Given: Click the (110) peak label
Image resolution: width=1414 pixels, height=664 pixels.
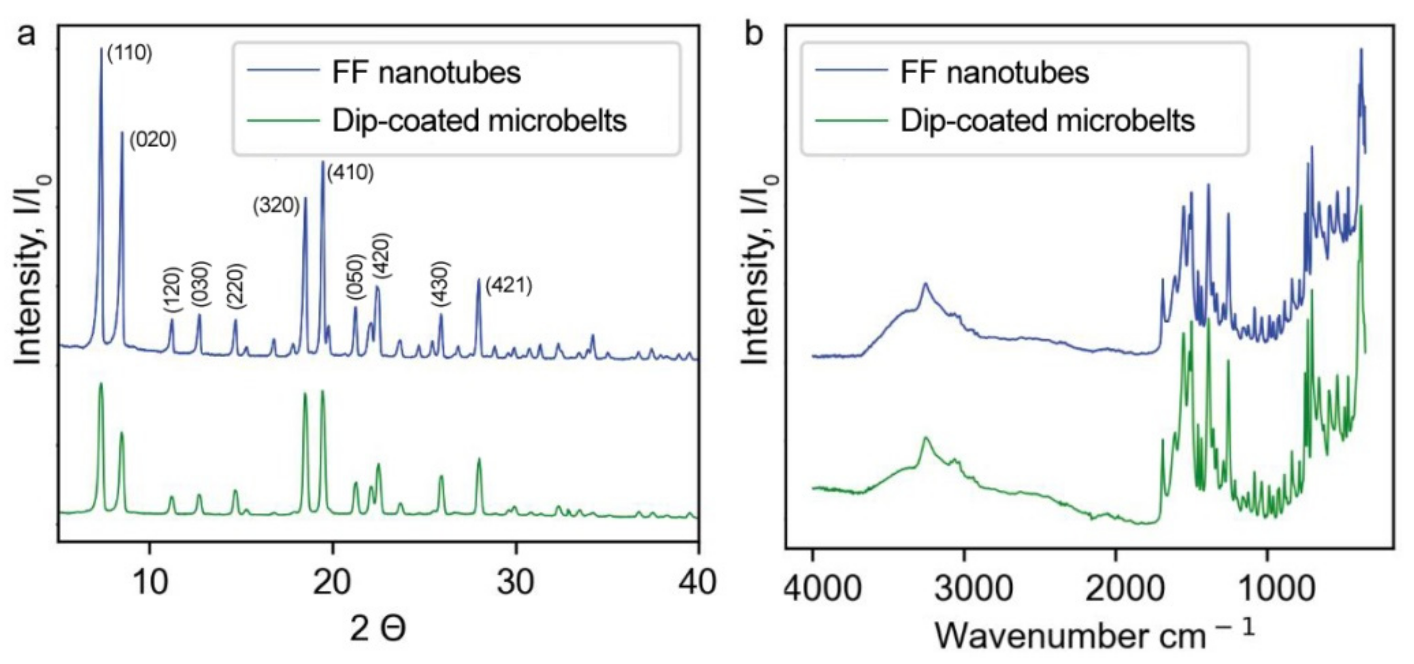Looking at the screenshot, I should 129,53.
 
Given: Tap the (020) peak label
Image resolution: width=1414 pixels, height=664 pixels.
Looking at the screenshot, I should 152,139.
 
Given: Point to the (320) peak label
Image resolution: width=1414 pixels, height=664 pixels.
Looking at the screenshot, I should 276,206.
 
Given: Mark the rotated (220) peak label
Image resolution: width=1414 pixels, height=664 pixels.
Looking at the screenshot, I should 236,287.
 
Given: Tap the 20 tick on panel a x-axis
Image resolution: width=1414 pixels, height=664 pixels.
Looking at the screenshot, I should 331,582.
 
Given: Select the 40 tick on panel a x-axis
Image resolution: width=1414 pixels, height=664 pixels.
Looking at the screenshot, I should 697,582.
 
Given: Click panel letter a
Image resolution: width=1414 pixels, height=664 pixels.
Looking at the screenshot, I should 27,34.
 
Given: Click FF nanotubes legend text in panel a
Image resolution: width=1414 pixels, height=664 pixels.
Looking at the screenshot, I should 426,73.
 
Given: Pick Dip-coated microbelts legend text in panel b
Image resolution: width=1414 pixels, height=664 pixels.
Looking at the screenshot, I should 1047,121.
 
